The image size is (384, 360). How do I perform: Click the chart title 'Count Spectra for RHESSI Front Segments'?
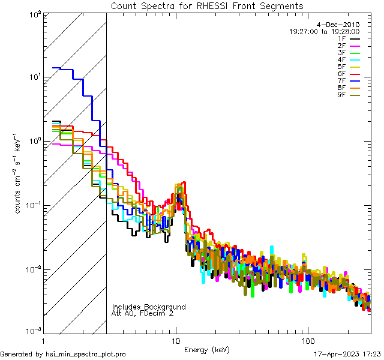click(x=207, y=6)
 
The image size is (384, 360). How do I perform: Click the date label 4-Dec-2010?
click(x=338, y=25)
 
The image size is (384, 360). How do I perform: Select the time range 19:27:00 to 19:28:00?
click(x=324, y=31)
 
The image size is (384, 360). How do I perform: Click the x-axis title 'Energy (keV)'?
click(x=206, y=349)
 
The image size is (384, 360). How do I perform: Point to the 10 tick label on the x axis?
click(x=175, y=341)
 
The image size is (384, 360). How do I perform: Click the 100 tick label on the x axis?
click(x=307, y=341)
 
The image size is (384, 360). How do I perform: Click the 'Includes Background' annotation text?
click(x=149, y=307)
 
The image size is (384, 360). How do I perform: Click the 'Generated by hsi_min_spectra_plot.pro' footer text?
click(x=64, y=354)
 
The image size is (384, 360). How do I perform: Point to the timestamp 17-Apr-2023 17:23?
click(x=347, y=354)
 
